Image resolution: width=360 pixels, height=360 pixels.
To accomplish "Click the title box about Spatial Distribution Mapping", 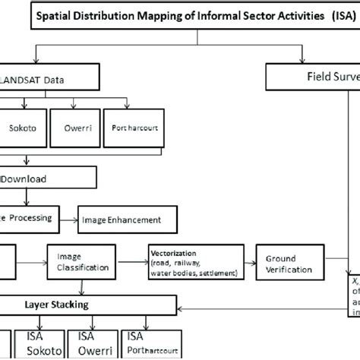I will pos(182,17).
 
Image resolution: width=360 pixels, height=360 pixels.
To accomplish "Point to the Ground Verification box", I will pos(284,263).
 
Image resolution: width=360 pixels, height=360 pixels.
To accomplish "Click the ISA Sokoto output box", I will pos(35,343).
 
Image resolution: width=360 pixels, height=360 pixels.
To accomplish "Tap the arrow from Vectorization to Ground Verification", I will pos(248,264).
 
